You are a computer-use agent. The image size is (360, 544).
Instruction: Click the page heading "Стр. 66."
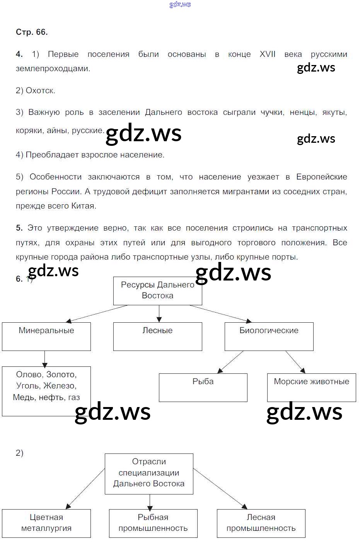(32, 32)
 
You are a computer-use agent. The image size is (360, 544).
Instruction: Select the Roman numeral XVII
(267, 54)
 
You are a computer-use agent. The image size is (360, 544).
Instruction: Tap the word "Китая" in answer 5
(84, 206)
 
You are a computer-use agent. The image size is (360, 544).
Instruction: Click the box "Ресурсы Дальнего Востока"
(157, 291)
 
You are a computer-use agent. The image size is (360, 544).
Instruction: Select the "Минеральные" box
(46, 336)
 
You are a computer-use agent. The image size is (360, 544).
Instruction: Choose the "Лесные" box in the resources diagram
(157, 336)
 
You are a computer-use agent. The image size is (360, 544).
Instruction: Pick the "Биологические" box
(269, 336)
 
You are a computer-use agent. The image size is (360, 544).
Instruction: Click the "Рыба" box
(203, 387)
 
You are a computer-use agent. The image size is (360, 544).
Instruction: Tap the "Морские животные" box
(311, 387)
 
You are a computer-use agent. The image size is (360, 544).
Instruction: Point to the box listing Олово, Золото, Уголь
(46, 391)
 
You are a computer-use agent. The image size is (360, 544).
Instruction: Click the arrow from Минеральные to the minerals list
(45, 359)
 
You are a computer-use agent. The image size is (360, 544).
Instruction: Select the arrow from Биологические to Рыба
(230, 362)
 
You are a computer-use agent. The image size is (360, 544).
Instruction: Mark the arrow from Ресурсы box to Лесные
(159, 314)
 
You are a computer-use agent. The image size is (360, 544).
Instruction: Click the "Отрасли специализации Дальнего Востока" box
(149, 473)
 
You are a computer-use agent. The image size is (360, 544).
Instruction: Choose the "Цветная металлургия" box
(46, 523)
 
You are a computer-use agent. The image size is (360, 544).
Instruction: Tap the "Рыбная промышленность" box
(153, 523)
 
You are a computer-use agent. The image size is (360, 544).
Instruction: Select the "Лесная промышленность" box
(261, 523)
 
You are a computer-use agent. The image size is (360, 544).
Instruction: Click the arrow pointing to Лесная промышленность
(220, 489)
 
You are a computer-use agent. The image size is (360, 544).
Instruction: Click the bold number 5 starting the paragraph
(19, 228)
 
